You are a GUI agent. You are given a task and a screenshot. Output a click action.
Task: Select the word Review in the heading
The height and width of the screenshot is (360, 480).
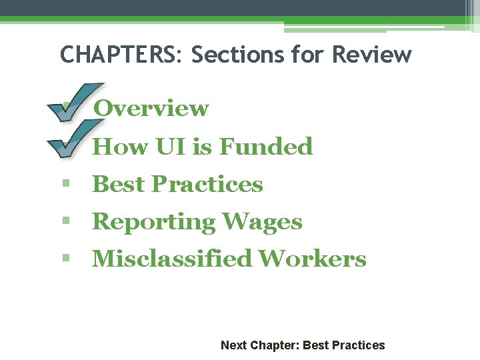[371, 54]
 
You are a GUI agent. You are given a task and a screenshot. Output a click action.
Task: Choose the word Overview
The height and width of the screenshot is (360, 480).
[151, 108]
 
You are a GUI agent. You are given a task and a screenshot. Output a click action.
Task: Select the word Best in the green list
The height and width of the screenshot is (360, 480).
[119, 184]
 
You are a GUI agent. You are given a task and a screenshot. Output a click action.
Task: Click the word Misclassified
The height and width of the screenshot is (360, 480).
[171, 259]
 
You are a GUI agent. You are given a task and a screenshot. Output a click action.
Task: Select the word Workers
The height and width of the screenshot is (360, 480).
[312, 259]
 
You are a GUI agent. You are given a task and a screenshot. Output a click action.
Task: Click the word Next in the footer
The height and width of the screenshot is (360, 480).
[233, 345]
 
